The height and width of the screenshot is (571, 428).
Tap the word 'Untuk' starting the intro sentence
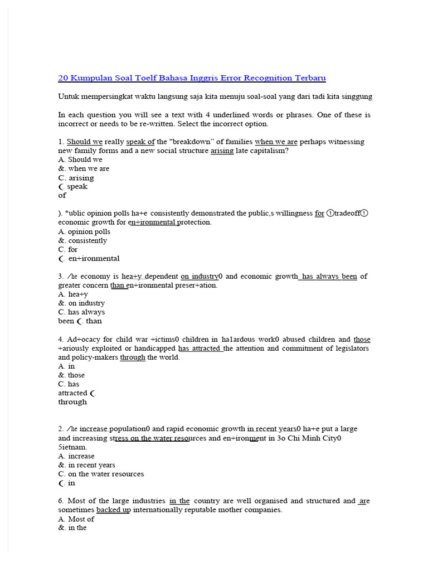click(x=69, y=96)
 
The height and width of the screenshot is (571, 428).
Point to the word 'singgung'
click(x=356, y=96)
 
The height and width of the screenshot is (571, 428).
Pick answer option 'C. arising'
click(x=76, y=178)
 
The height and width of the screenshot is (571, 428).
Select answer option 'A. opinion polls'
click(x=84, y=231)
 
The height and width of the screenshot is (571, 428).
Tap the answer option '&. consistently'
click(x=82, y=240)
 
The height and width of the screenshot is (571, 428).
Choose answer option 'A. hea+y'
click(x=73, y=294)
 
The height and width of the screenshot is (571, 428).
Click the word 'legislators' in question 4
click(x=350, y=348)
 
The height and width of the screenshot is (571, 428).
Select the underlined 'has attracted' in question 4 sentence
click(x=200, y=348)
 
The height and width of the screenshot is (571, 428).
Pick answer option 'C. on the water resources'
click(x=101, y=474)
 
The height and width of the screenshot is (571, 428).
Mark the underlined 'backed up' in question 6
click(x=113, y=510)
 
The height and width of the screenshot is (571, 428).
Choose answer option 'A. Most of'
click(x=76, y=519)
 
